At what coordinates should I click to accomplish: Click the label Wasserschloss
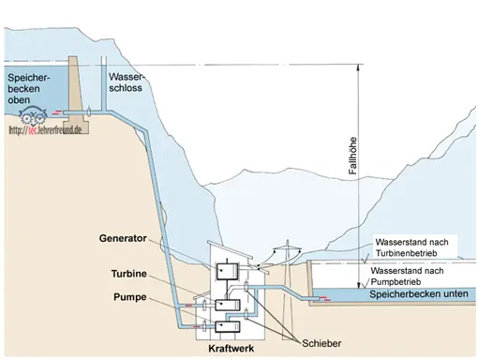[x=126, y=82]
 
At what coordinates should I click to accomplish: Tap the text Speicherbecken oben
[x=29, y=89]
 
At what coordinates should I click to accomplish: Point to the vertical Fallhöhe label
[x=352, y=156]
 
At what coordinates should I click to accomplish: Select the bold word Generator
[x=123, y=238]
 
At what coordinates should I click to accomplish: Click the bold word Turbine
[x=129, y=274]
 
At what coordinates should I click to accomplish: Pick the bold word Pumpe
[x=130, y=297]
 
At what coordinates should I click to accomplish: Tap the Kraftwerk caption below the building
[x=232, y=349]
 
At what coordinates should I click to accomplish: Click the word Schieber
[x=321, y=343]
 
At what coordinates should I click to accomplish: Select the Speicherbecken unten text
[x=419, y=294]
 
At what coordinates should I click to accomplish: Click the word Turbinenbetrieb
[x=406, y=253]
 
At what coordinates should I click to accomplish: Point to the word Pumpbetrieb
[x=396, y=282]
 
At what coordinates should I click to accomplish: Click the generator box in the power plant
[x=228, y=271]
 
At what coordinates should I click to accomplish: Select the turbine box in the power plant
[x=228, y=305]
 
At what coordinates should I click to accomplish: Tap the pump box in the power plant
[x=228, y=326]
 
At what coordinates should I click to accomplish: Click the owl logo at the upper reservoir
[x=33, y=115]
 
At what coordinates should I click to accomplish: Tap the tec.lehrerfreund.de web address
[x=45, y=129]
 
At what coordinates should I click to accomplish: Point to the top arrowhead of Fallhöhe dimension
[x=359, y=67]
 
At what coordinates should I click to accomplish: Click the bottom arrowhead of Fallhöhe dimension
[x=359, y=285]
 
